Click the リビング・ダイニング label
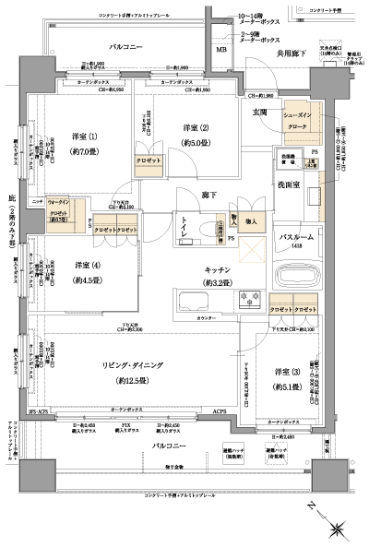(x=132, y=366)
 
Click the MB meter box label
(x=221, y=50)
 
